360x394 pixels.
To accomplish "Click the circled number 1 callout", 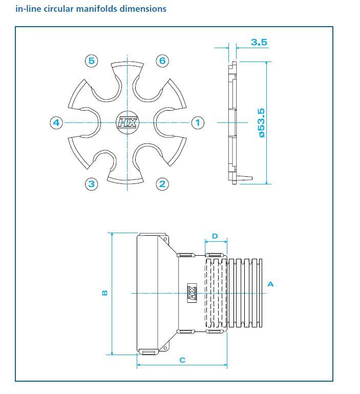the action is [x=198, y=122].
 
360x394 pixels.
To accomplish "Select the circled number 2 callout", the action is [x=162, y=184].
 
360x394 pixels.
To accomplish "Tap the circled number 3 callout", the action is [x=92, y=184].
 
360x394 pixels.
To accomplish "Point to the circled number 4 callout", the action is [x=56, y=122].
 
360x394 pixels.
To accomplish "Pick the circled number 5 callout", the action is [x=92, y=61].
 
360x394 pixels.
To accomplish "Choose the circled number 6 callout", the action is [x=162, y=61].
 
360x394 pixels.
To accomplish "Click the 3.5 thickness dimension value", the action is [x=259, y=42].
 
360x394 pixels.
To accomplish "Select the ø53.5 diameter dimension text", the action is [x=262, y=123].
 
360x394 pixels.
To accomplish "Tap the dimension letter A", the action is [x=270, y=284].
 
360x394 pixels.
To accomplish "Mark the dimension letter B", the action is [x=105, y=293].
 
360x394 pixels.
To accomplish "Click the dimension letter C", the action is [x=183, y=360].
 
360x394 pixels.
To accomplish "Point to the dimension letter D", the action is [x=215, y=236].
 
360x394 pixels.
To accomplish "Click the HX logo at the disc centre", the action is [x=128, y=122].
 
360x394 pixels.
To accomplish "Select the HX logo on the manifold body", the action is [x=192, y=293].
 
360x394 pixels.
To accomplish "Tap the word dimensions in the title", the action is [x=143, y=9].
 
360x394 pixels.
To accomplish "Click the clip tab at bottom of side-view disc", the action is [x=244, y=178].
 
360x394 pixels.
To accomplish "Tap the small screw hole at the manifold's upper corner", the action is [x=165, y=239].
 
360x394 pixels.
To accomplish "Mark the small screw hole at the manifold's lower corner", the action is [x=165, y=348].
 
